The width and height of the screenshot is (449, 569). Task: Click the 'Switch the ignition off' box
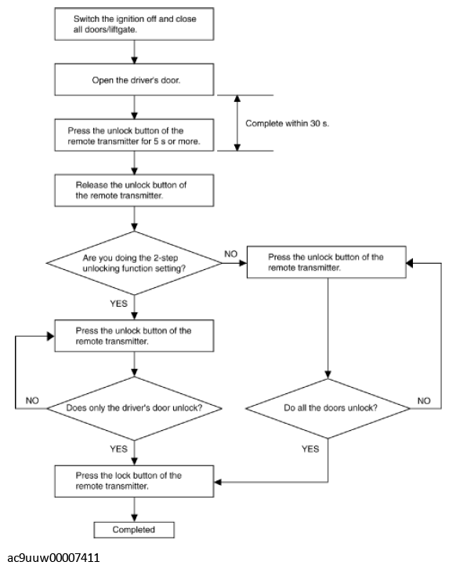134,24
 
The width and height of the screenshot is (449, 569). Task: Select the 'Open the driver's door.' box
134,79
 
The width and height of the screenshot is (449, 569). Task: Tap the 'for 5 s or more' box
134,135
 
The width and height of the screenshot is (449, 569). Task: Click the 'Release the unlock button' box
134,191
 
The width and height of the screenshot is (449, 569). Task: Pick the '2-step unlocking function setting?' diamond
134,263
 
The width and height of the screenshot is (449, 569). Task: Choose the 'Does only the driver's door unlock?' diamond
134,408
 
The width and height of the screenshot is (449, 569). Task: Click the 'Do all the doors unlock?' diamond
328,409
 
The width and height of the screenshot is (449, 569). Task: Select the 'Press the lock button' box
134,481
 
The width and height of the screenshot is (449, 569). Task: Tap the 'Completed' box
134,530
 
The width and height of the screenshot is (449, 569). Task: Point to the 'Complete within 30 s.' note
287,123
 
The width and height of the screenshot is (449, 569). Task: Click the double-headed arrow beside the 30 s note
237,123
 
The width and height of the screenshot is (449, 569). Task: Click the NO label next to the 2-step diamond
231,254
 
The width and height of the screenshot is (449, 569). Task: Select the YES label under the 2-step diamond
119,304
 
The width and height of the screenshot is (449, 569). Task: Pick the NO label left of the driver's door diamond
32,400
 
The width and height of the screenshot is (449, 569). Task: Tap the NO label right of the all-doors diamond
424,401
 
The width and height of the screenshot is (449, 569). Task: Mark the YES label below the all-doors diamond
310,449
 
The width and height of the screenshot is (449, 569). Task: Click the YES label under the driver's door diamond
119,449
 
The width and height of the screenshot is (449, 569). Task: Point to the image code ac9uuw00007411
53,557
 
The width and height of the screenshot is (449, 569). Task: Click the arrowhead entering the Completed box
134,518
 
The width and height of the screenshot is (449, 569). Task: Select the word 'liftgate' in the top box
122,30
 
